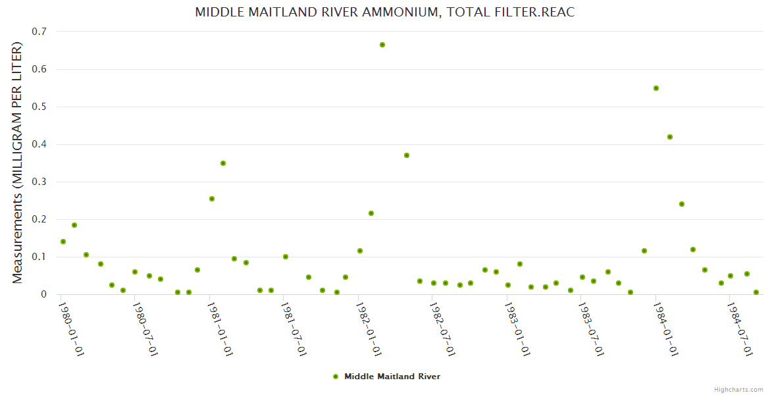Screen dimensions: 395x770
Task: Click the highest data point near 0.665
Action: [x=382, y=45]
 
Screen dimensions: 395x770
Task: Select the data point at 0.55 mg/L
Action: [x=656, y=88]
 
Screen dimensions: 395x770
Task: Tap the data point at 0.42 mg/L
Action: [x=670, y=137]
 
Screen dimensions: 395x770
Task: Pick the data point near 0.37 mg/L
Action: [x=407, y=155]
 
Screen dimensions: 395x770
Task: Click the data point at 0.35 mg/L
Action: [x=223, y=163]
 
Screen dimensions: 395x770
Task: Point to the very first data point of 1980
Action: [x=63, y=242]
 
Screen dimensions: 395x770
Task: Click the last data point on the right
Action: [x=756, y=292]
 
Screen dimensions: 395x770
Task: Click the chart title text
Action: [x=385, y=13]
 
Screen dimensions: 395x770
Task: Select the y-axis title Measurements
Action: [x=18, y=163]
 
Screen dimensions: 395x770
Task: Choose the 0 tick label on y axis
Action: [x=43, y=294]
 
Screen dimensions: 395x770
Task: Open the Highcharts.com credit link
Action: [x=738, y=389]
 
